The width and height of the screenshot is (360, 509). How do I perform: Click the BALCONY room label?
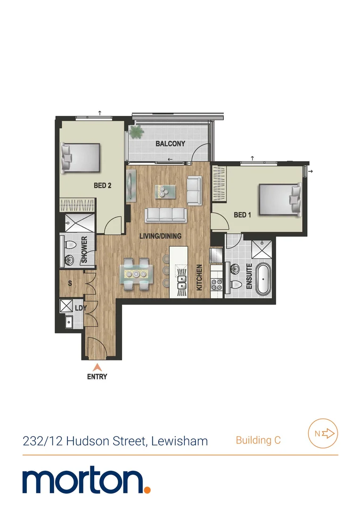tap(170, 144)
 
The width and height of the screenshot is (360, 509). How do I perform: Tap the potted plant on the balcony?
tap(136, 131)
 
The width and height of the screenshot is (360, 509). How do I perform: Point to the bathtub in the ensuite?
tap(263, 280)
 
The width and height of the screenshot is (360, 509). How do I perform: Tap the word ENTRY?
tap(97, 377)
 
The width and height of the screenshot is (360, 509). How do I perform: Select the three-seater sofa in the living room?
tap(164, 215)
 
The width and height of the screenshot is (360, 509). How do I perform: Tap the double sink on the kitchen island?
tap(181, 283)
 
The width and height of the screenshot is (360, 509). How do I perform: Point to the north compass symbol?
tap(323, 433)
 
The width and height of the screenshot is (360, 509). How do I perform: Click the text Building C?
tap(258, 441)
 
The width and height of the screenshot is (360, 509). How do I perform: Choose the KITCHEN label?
tap(199, 277)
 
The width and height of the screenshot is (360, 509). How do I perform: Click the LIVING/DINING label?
tap(160, 236)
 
